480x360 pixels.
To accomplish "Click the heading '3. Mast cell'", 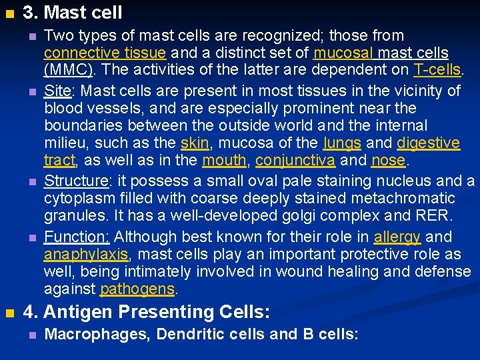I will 73,12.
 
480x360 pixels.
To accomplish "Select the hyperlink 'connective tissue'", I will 105,53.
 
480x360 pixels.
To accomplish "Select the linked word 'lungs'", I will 342,143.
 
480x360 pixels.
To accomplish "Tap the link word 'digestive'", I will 428,143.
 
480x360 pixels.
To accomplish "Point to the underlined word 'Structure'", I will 75,181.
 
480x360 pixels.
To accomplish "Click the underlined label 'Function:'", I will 77,237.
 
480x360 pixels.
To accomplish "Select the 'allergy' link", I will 397,237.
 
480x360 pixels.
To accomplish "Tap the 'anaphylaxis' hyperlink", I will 85,255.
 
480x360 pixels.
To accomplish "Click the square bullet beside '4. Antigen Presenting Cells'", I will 9,313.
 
